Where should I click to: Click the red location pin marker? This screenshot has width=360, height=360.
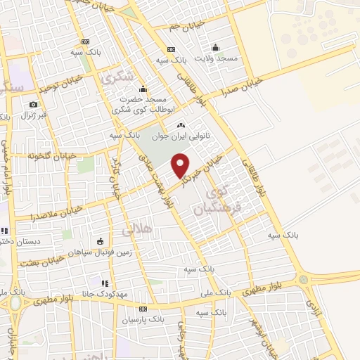pyautogui.click(x=181, y=165)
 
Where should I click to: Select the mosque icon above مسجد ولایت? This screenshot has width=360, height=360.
pyautogui.click(x=215, y=48)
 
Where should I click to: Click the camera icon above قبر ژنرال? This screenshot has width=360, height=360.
pyautogui.click(x=32, y=104)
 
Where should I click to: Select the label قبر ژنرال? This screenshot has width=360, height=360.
pyautogui.click(x=33, y=115)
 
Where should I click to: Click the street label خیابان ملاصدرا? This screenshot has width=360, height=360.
pyautogui.click(x=57, y=210)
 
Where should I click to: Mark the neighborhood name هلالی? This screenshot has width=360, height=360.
pyautogui.click(x=136, y=230)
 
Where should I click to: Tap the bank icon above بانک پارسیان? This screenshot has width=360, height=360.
pyautogui.click(x=143, y=309)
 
